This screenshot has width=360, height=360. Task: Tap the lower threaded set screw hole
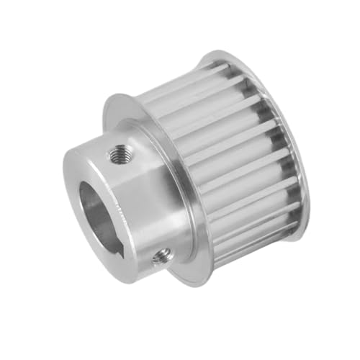(x=161, y=254)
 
